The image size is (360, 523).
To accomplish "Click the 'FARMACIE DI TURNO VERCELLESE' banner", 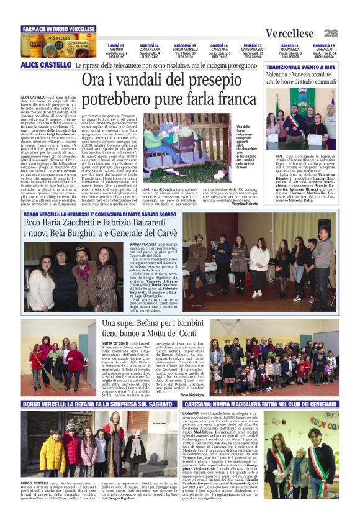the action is [58, 29].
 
